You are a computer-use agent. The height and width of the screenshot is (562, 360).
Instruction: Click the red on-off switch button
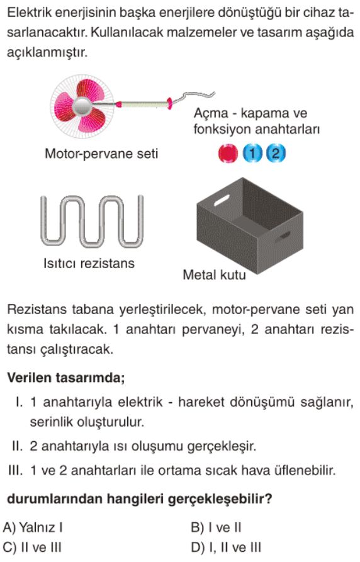pos(228,154)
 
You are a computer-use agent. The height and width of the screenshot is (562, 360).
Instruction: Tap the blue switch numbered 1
pos(253,154)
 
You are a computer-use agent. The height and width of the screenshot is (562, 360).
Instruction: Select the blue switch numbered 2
pos(276,154)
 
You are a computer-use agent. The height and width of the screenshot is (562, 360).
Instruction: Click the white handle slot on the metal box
pos(222,200)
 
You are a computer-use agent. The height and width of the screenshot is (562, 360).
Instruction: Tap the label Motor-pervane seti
pos(101,154)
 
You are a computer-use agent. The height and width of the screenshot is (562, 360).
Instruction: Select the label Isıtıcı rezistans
pos(89,264)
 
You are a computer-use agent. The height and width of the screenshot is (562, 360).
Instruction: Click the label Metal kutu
pos(214,275)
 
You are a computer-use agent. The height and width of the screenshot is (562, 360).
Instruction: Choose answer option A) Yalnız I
pos(33,527)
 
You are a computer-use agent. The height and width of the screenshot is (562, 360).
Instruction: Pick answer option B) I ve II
pos(217,527)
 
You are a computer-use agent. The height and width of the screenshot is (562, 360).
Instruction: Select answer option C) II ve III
pos(32,548)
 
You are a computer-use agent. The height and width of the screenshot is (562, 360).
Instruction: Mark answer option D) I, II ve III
pos(226,548)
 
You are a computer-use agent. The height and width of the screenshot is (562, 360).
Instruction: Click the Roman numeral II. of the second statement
pos(17,446)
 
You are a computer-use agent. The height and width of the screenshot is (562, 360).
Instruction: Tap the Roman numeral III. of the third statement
pos(16,470)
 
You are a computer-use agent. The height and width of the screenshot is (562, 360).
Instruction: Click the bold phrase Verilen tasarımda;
pos(66,378)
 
